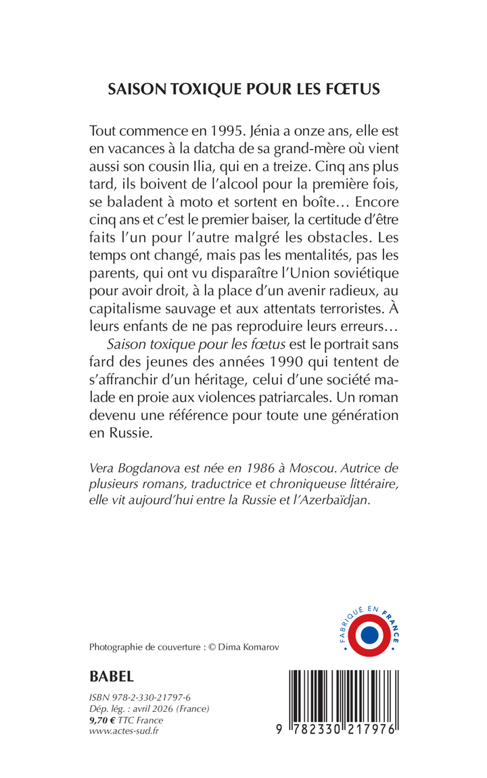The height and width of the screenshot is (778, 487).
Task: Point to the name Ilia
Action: click(277, 164)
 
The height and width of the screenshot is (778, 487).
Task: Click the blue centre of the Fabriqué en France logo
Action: click(369, 635)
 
